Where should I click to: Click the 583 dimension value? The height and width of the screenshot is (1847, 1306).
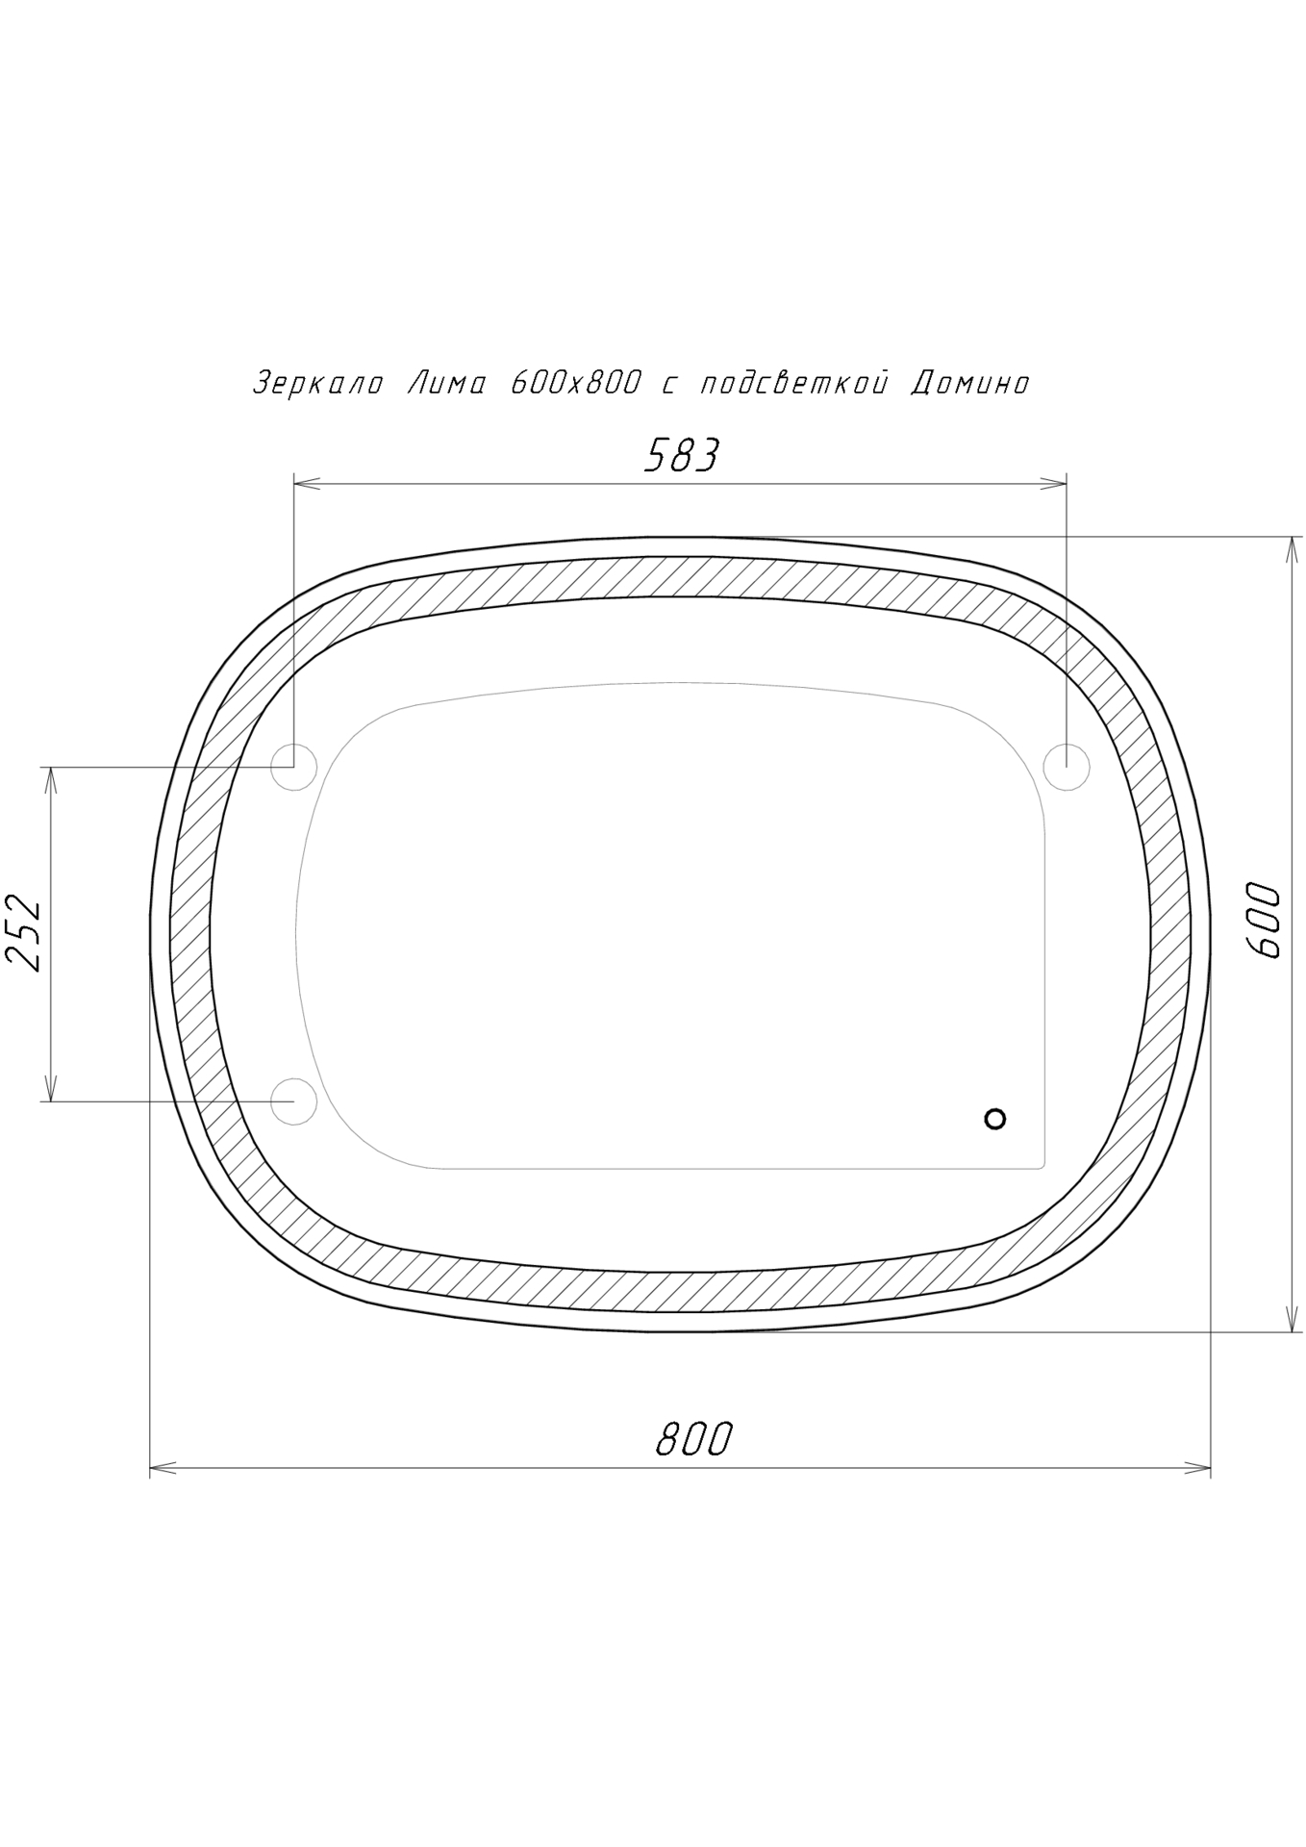[x=681, y=455]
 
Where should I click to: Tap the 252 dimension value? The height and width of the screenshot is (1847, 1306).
[x=24, y=934]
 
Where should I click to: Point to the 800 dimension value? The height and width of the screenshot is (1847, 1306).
[x=694, y=1439]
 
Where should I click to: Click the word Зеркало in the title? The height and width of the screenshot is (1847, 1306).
[x=318, y=384]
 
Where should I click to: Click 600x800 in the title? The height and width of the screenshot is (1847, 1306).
[x=575, y=384]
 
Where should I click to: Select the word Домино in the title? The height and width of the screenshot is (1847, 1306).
[x=970, y=384]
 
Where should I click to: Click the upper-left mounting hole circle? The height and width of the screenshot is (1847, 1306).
[x=293, y=768]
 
